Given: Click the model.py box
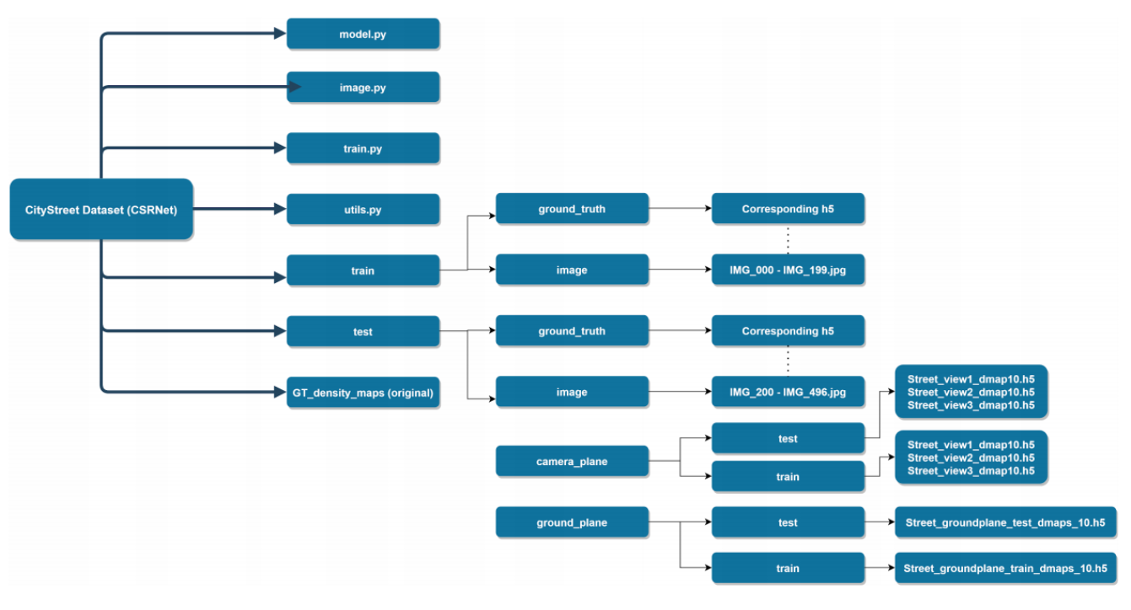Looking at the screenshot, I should tap(363, 34).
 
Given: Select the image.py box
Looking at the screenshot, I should tap(363, 87).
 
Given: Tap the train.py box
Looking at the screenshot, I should tap(363, 148).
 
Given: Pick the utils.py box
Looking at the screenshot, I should tap(363, 209).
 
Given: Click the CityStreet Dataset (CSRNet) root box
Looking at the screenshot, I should tap(101, 209).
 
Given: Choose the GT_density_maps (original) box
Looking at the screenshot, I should tap(363, 393).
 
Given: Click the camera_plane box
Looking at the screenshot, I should tap(572, 461).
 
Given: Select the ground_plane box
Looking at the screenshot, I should tap(572, 522).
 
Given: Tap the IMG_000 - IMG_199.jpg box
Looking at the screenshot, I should tap(788, 270).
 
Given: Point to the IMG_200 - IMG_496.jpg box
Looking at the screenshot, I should tap(788, 392).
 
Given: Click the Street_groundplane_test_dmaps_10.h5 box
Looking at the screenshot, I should tap(1005, 522).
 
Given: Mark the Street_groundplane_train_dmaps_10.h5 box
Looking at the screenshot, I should tap(1005, 568).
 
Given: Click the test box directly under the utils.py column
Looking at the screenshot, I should tap(363, 331).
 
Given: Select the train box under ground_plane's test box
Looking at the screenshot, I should tap(788, 568).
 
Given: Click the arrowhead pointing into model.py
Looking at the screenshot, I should tap(280, 34).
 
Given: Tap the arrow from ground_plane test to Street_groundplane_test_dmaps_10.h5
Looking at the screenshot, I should tap(880, 522).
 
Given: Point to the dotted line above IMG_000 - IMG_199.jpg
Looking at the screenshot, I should tap(788, 239).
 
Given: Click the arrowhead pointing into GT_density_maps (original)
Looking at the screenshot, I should tap(280, 392).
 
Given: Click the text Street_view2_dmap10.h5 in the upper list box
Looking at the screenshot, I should tap(971, 392).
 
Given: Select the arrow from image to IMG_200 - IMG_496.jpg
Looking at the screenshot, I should tap(680, 392).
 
